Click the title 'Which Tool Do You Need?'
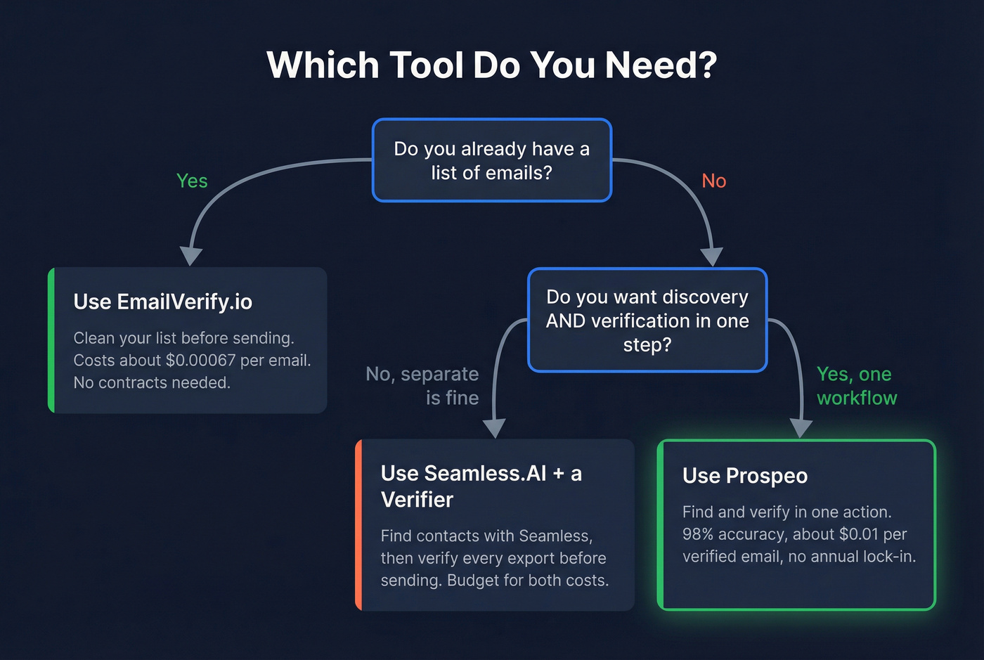tap(492, 65)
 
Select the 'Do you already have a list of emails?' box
tap(492, 160)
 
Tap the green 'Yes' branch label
tap(192, 181)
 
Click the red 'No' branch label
tap(713, 181)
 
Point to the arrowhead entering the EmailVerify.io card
tap(190, 256)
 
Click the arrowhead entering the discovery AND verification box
tap(712, 257)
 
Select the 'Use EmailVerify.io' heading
tap(162, 302)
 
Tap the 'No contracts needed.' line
tap(152, 383)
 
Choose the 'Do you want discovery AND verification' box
tap(647, 320)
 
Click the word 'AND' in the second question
tap(566, 321)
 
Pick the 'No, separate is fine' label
tap(423, 386)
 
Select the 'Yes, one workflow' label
tap(856, 386)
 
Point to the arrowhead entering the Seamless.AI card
tap(495, 427)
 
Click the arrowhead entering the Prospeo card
tap(801, 427)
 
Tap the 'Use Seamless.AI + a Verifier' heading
tap(481, 486)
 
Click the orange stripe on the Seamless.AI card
tap(358, 524)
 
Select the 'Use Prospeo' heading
tap(745, 476)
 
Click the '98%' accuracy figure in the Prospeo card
tap(697, 534)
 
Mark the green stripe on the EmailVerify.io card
tap(51, 339)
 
